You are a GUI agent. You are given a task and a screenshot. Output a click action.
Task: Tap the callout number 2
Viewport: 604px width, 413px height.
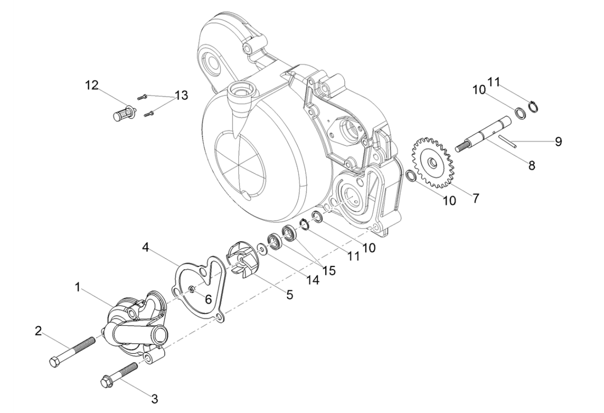[38, 331]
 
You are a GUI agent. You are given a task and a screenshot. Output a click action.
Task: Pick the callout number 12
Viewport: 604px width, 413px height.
[92, 85]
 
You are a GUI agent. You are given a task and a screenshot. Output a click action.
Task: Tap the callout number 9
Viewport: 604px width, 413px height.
[558, 141]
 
